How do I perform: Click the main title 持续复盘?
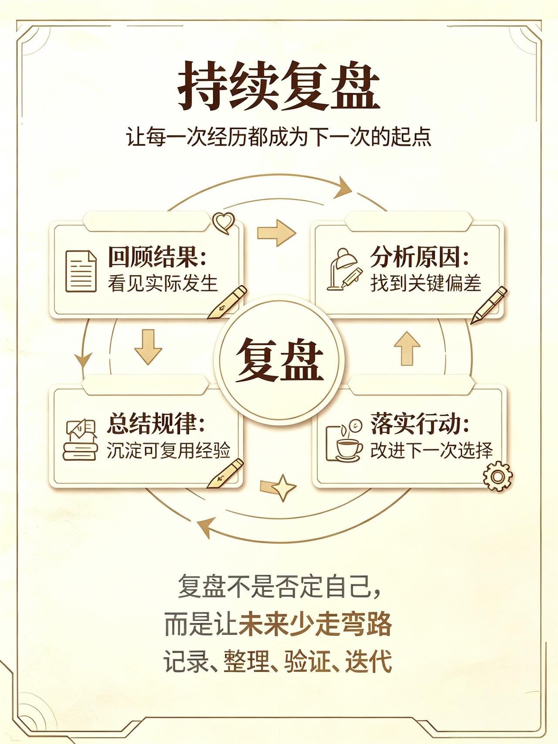279,85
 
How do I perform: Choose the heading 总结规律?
156,423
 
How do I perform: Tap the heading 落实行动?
420,423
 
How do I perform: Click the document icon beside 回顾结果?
81,271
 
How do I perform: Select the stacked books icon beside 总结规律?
80,440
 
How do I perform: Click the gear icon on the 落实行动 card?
498,476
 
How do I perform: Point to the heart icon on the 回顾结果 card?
224,222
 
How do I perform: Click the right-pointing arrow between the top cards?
276,233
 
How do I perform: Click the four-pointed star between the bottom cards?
284,487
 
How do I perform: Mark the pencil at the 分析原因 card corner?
489,305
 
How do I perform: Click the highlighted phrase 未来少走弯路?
315,625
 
